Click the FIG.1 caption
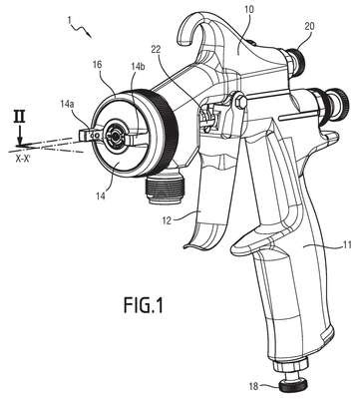[x=144, y=305]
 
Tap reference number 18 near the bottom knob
[x=253, y=386]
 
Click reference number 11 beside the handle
[x=346, y=246]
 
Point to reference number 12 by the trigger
[x=167, y=220]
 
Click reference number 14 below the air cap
[x=100, y=196]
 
